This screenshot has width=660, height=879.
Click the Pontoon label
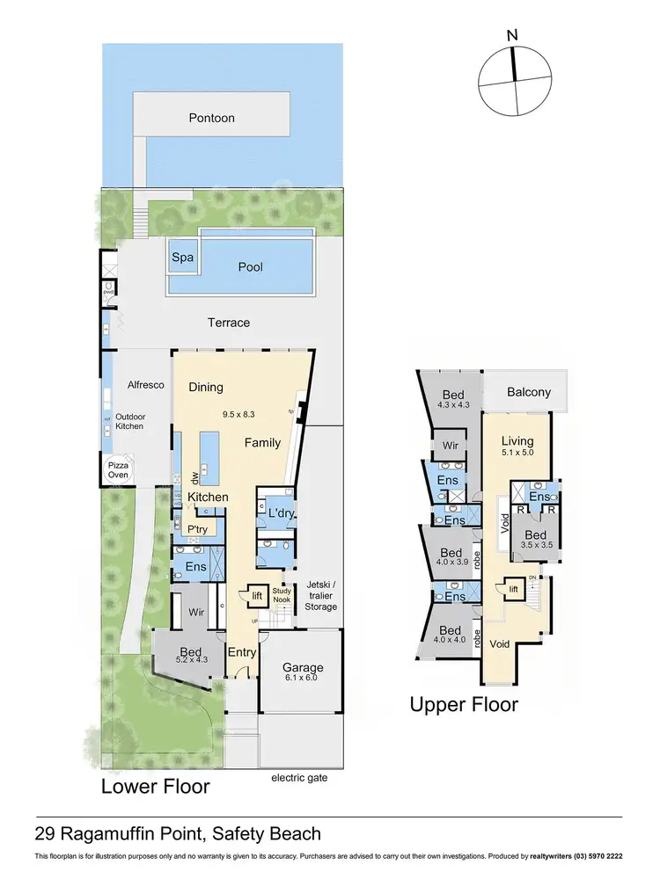click(211, 118)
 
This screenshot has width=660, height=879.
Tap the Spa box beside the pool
click(182, 258)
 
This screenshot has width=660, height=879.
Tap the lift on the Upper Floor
click(513, 588)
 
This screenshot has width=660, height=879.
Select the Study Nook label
click(282, 595)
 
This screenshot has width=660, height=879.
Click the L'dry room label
click(279, 512)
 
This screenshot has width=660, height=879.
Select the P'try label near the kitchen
click(197, 529)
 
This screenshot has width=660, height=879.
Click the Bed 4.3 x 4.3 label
click(453, 400)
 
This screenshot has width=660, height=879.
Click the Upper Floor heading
click(464, 704)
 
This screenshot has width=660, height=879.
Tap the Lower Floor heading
click(155, 785)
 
